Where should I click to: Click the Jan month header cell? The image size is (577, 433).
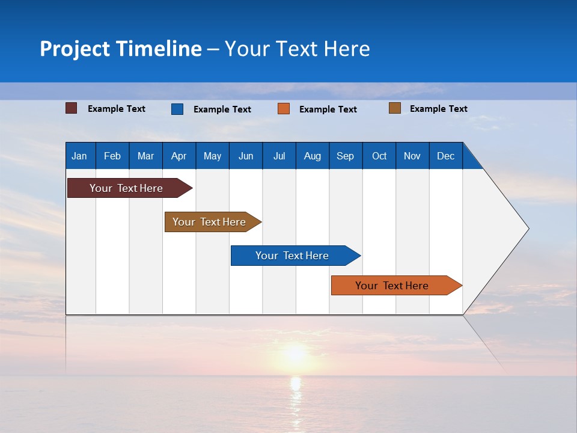[x=79, y=156]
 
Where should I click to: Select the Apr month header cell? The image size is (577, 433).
[x=179, y=156]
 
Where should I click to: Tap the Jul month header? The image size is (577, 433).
[x=279, y=156]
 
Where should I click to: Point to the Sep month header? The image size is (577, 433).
[x=345, y=156]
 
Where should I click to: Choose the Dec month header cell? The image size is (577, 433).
[x=445, y=156]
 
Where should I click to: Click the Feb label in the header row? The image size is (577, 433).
[x=112, y=156]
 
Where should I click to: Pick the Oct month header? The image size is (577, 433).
[x=379, y=156]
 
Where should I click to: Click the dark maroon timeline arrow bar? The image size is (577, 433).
[x=126, y=188]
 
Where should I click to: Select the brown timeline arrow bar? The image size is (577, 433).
[x=209, y=222]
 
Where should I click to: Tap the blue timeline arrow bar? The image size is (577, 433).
[x=292, y=256]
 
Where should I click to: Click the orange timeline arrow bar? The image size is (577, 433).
[x=392, y=286]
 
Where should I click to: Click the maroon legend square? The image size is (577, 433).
[x=72, y=108]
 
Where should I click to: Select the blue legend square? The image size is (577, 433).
[x=177, y=109]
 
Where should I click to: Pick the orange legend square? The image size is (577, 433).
[x=284, y=109]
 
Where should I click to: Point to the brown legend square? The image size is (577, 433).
[x=395, y=108]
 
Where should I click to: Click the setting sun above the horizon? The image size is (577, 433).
[x=295, y=353]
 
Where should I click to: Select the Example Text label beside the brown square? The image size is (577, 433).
[x=438, y=109]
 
